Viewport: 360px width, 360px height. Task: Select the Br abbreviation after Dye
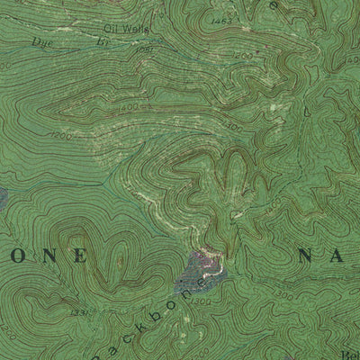101,42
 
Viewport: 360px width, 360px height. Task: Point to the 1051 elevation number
143,50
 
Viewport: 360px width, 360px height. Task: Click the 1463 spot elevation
221,18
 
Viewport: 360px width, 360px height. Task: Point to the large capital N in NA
307,256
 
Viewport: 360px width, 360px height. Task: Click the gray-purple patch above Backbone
200,268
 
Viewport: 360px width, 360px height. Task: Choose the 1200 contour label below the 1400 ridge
61,136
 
